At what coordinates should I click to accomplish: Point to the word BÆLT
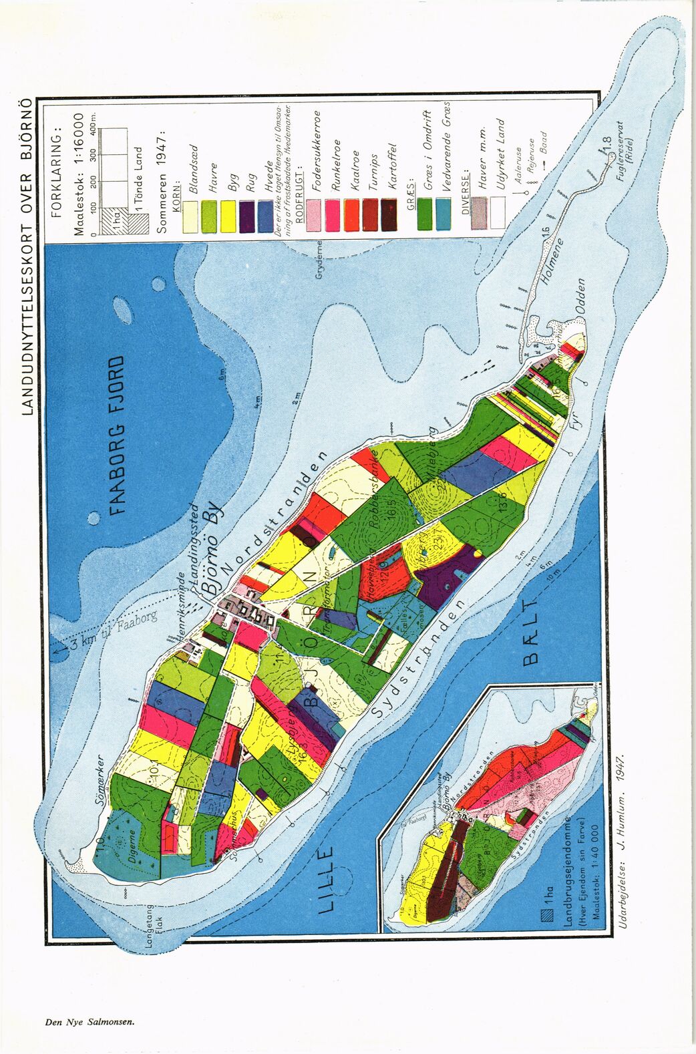point(530,633)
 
